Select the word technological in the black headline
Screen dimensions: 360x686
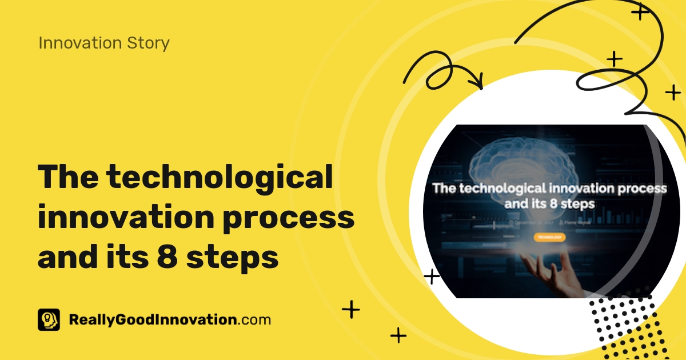click(220, 178)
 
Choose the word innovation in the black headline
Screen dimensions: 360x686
click(125, 218)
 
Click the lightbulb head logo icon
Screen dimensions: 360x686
click(49, 320)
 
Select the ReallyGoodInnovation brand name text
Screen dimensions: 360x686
click(152, 320)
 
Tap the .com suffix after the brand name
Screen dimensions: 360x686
click(254, 320)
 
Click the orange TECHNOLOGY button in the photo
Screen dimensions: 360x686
click(549, 237)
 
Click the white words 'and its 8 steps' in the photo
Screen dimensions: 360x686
click(549, 203)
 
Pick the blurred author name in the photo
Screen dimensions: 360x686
click(575, 222)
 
